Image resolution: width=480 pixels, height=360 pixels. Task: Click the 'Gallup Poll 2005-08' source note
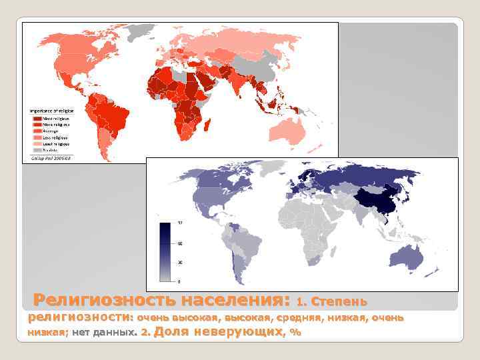pyautogui.click(x=51, y=159)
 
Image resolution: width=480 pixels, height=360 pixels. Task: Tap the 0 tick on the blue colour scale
pyautogui.click(x=179, y=281)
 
